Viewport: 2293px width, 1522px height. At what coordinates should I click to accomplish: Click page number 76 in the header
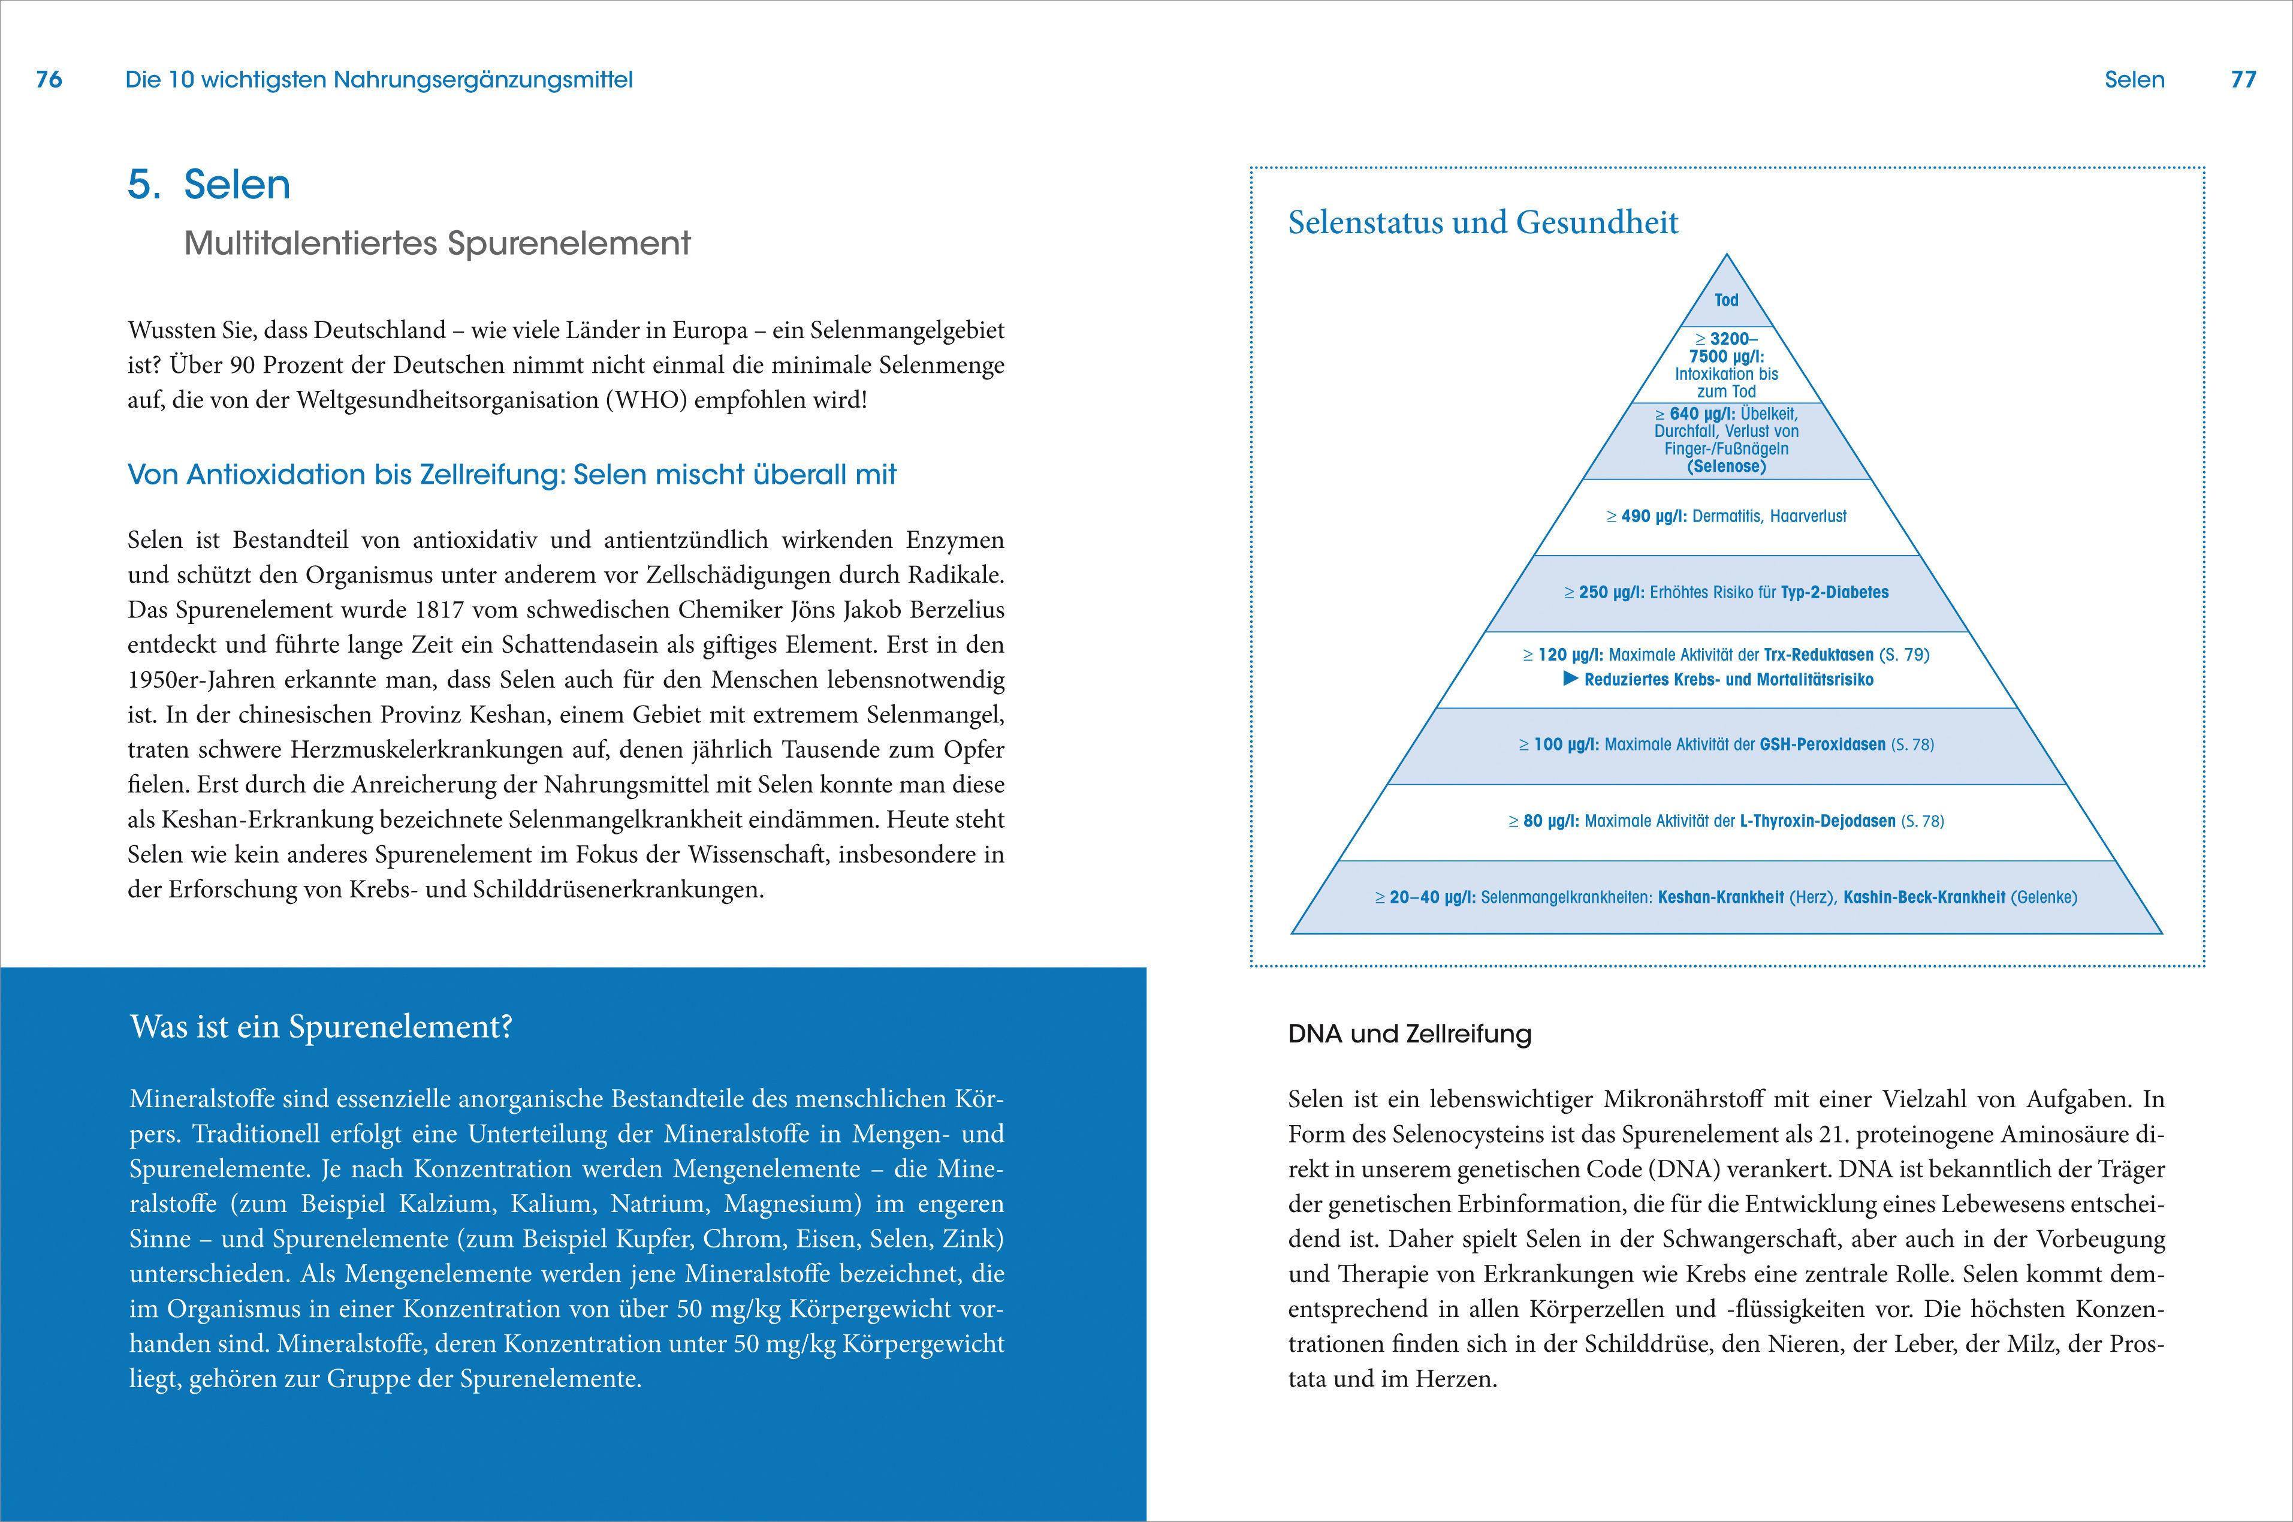(x=49, y=80)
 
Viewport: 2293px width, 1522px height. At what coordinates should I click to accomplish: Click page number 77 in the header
(x=2243, y=80)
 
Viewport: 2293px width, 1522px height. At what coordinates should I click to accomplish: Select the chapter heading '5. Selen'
(x=209, y=185)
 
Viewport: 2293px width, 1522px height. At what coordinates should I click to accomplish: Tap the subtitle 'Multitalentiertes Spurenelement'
(x=437, y=243)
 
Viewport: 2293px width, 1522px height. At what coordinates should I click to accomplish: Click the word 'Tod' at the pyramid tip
(x=1726, y=300)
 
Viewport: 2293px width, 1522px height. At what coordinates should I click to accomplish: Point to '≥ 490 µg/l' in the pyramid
(x=1647, y=516)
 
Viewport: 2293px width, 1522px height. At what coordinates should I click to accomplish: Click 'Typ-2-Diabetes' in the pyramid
(x=1834, y=592)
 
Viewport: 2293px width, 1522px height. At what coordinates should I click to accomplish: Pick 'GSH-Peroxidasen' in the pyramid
(x=1823, y=745)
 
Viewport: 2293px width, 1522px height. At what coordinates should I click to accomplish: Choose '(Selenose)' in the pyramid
(x=1726, y=467)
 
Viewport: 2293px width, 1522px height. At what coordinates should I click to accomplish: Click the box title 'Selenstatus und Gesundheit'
(x=1483, y=222)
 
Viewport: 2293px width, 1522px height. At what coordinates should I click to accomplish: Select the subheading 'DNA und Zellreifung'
(x=1409, y=1035)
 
